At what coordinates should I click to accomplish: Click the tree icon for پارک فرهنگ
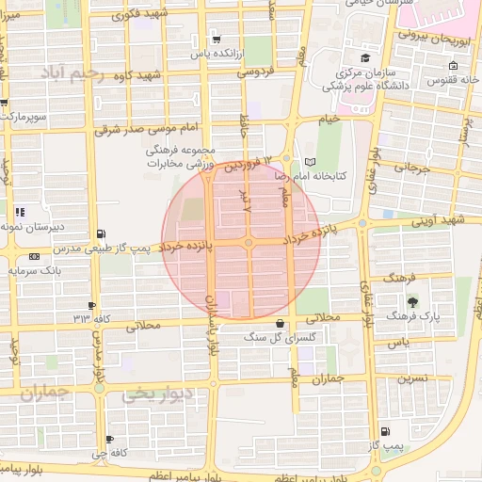(412, 302)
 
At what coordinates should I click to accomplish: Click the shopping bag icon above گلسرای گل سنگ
(279, 323)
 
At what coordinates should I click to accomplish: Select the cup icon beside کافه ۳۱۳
(91, 305)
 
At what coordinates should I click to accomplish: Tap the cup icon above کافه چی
(110, 440)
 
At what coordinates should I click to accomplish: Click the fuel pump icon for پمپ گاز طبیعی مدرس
(101, 233)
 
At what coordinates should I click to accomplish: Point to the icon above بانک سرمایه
(34, 256)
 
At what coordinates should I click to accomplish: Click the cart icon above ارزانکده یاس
(217, 40)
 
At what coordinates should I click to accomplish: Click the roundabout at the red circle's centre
(249, 244)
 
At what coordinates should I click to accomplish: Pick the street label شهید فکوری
(137, 16)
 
